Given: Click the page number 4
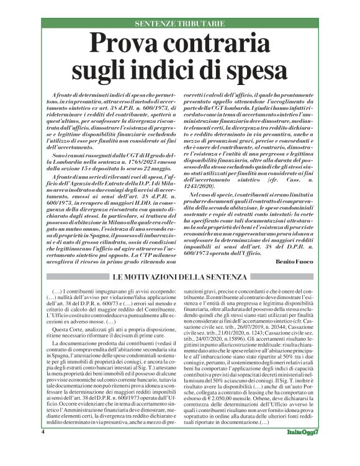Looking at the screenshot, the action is pos(42,448).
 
